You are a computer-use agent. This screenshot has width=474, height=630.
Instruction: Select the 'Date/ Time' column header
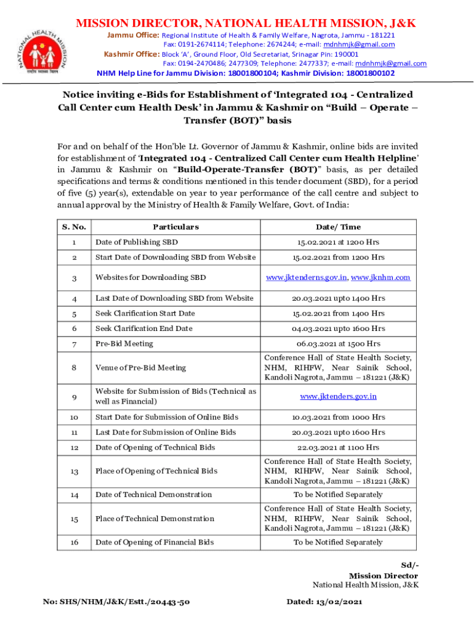[338, 227]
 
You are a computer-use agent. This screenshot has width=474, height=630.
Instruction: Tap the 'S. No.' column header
[74, 227]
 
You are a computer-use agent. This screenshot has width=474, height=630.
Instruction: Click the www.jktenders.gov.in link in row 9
[338, 396]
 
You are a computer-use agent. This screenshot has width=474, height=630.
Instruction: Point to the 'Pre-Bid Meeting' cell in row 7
[124, 343]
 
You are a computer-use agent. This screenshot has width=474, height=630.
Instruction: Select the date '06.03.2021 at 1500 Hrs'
[338, 343]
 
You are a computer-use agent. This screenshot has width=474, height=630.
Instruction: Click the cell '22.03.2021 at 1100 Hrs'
[338, 447]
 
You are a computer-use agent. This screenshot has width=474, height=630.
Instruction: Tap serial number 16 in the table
[74, 542]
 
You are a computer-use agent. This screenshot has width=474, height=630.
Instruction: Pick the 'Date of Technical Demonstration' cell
[153, 495]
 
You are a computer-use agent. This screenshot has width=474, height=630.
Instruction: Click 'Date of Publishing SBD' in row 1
[136, 242]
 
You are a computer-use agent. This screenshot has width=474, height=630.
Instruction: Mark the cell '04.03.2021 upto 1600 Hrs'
[338, 329]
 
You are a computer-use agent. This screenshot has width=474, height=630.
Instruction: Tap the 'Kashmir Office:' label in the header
[131, 54]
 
